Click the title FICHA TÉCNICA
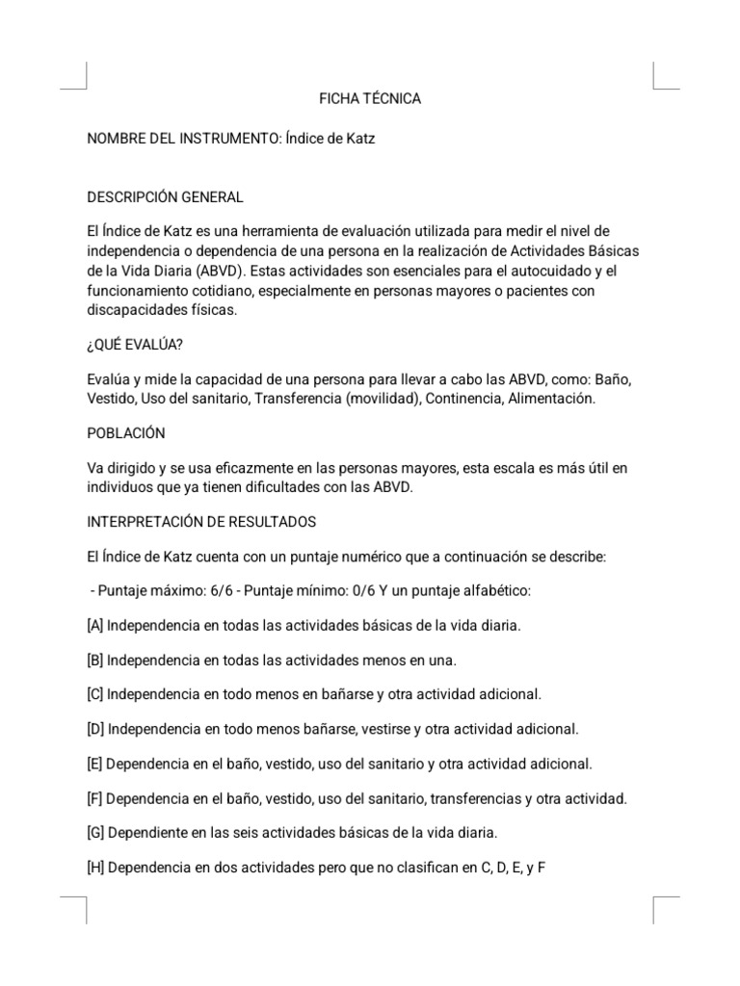click(370, 98)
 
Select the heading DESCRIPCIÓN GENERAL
click(165, 197)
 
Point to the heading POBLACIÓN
click(126, 432)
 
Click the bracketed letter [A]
click(95, 625)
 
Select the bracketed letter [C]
click(95, 693)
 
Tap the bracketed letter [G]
click(95, 832)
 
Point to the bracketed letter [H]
click(95, 867)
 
